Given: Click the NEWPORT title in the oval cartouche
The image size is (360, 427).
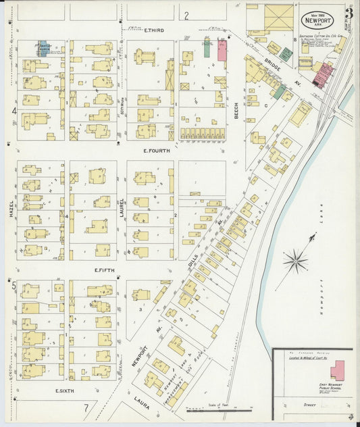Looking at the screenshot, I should (316, 20).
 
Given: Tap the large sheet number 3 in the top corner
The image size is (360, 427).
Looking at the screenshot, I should (349, 13).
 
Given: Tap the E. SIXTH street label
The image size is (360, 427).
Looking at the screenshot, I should (64, 391).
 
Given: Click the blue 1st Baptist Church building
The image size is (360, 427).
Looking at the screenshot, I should (42, 49).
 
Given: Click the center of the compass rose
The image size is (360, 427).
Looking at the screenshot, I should (295, 259).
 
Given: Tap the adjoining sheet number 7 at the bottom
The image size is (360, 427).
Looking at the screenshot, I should (86, 408).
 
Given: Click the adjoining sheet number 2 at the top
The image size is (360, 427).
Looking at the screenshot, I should (186, 14).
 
